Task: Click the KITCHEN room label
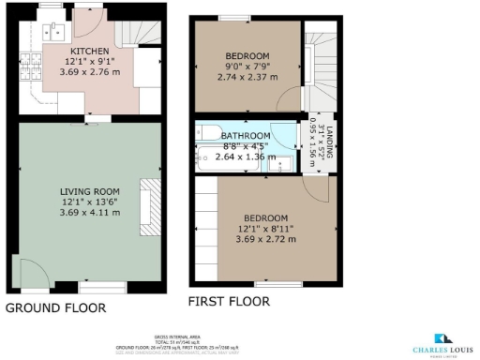[90, 51]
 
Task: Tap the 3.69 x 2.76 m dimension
[90, 72]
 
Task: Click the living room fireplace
[147, 206]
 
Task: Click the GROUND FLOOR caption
[56, 307]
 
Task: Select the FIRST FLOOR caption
[229, 302]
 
